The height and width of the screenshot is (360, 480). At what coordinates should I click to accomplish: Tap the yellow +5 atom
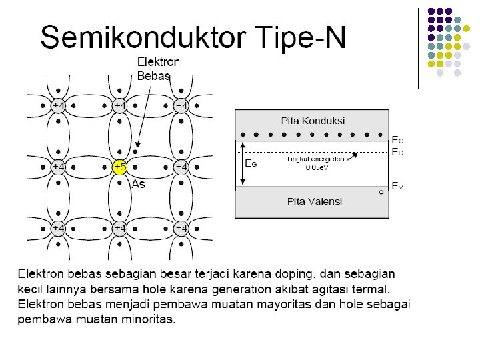(x=119, y=167)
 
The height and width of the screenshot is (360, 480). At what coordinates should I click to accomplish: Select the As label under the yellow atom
(x=138, y=184)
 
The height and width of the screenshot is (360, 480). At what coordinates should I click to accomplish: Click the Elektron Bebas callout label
(x=158, y=68)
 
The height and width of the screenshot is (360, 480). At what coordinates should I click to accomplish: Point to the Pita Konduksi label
(x=312, y=121)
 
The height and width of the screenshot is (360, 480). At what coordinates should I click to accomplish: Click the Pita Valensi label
(x=313, y=201)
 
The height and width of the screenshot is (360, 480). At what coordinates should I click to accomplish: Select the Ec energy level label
(x=397, y=140)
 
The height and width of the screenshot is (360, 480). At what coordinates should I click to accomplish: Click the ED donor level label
(x=397, y=152)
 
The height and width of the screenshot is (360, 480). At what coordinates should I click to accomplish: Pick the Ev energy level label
(x=397, y=186)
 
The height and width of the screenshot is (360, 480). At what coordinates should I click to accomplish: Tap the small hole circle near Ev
(x=381, y=192)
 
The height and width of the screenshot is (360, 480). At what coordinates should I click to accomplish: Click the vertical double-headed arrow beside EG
(x=242, y=163)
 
